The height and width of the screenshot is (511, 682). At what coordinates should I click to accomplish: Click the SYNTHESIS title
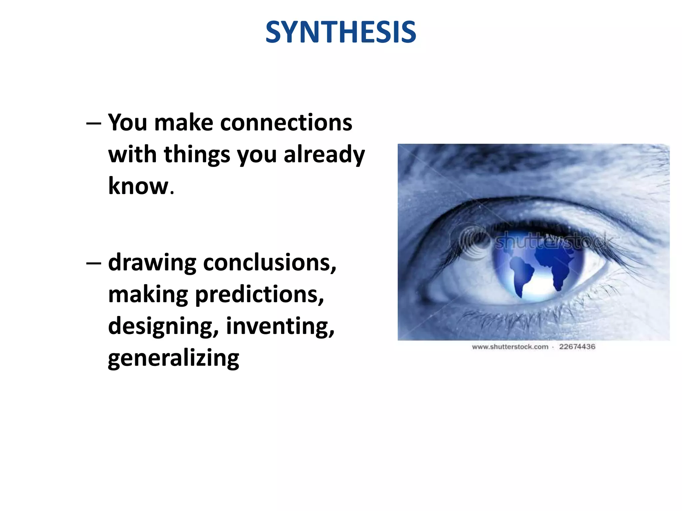coord(341,32)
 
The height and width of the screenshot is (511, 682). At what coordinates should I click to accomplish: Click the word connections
coord(286,122)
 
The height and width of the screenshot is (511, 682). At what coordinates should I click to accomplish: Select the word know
coord(139,186)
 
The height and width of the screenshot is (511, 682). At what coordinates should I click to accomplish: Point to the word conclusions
coord(269,263)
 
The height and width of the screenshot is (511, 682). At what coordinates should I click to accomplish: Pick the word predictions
coord(259,295)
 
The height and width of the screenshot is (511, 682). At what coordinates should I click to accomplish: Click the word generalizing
coord(173,359)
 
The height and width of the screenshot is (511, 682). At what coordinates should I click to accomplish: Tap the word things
coord(197,155)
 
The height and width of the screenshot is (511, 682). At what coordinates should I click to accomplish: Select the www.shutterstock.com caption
coord(510,347)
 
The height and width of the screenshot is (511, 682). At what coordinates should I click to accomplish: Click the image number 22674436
coord(577,347)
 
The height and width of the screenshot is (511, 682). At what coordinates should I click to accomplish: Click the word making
coord(148,295)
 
